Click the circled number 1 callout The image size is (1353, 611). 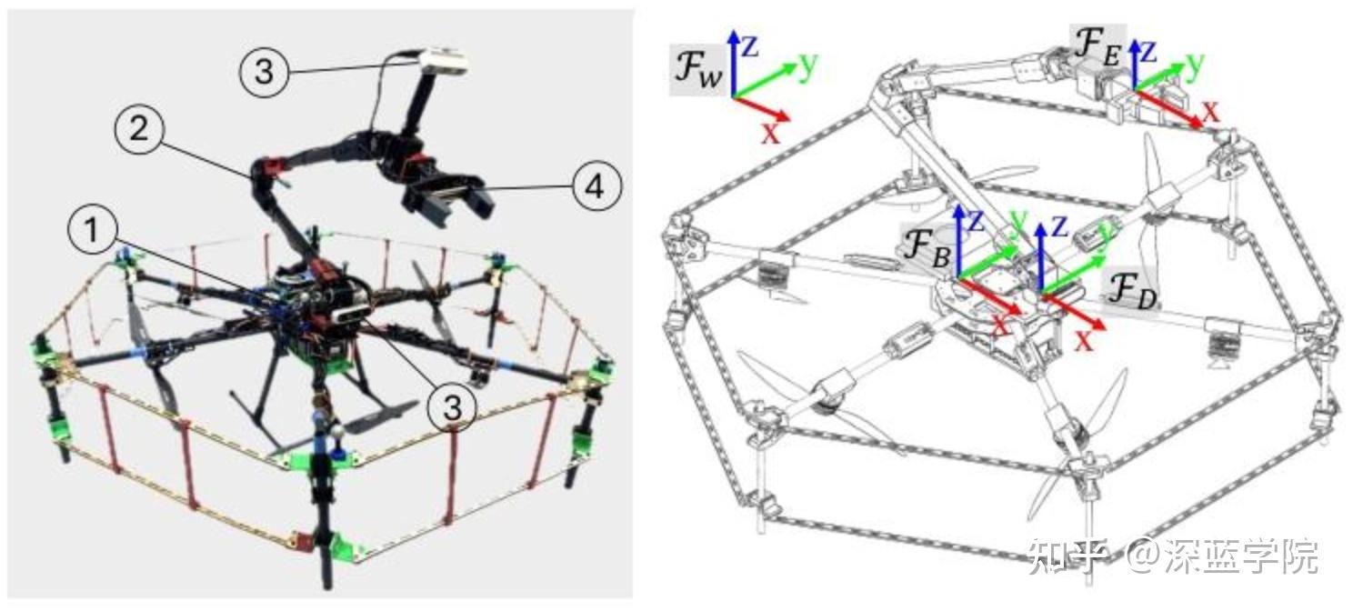92,230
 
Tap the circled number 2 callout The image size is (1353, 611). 139,129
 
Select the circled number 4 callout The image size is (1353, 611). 595,186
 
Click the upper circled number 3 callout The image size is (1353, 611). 264,72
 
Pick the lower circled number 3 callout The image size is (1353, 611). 453,407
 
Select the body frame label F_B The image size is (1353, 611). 927,248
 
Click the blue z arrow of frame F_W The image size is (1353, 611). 733,63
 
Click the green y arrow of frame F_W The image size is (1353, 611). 766,80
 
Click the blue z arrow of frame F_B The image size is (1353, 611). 958,241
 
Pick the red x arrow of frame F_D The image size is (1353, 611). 1073,312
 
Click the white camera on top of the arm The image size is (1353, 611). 444,61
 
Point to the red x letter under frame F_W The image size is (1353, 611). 770,134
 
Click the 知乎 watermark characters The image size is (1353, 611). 1067,556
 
